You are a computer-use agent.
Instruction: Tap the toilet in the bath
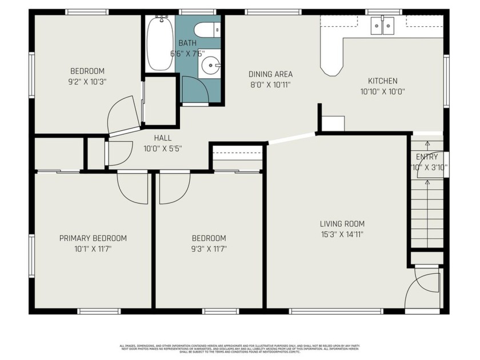tap(205, 29)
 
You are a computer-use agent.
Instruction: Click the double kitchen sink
tap(382, 26)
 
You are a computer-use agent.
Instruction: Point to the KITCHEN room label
tap(382, 81)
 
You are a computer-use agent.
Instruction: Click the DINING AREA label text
tap(270, 74)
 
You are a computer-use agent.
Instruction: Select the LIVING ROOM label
tap(342, 224)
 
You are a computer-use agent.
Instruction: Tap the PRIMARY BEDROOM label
tap(93, 238)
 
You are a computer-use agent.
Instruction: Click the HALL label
tap(163, 138)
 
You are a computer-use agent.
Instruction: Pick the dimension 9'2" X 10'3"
tap(88, 81)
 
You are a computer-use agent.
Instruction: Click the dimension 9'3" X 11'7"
tap(209, 249)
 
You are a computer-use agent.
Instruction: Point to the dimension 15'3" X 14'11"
tap(342, 234)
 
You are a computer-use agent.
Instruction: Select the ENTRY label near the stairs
tap(427, 157)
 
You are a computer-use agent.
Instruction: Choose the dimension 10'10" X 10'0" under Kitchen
tap(382, 91)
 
